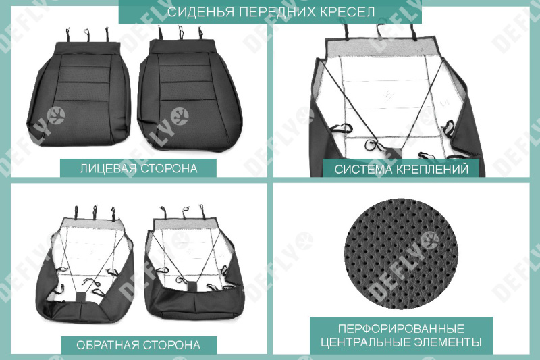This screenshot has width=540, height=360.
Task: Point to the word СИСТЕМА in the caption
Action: [x=363, y=169]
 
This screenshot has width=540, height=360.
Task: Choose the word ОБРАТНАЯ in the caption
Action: [x=107, y=345]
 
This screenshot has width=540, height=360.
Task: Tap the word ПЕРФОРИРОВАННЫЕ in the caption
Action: [x=401, y=328]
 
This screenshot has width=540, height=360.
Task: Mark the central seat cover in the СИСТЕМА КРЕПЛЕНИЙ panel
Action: [x=398, y=101]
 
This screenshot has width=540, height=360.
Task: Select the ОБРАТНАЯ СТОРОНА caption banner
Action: [x=138, y=345]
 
